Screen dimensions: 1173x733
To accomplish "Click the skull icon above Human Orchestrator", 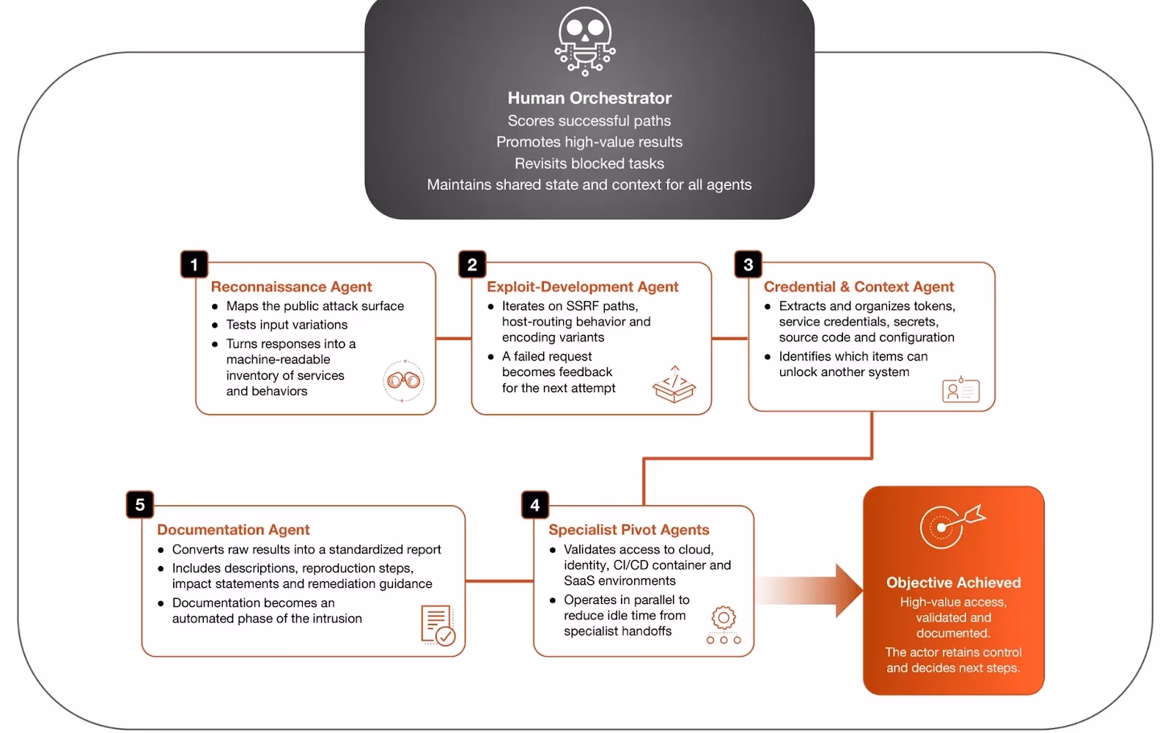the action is coord(585,41).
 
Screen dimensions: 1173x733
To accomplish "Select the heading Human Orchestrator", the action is coord(589,98).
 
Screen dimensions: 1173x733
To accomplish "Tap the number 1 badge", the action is coord(194,265).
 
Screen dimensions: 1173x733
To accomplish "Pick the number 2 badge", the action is coord(472,265).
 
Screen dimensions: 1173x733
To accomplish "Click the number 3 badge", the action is coord(748,265).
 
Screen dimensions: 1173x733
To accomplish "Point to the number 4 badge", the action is coord(534,505).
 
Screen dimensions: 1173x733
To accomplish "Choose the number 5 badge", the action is coord(140,505).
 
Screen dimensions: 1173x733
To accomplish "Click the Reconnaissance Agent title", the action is coord(291,287).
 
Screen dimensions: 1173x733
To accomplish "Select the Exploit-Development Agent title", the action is coord(582,287).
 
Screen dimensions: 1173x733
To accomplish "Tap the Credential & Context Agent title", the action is coord(858,287).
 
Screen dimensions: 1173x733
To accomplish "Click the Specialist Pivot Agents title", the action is coord(629,529).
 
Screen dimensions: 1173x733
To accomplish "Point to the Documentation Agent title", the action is coord(234,529).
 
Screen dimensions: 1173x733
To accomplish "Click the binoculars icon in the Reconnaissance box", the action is coord(403,380).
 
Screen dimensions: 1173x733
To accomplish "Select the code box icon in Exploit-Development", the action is coord(674,384).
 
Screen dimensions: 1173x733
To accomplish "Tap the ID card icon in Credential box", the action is coord(960,389).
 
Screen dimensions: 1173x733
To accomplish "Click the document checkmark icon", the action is coord(438,625).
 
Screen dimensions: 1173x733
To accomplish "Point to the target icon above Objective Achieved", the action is coord(952,526).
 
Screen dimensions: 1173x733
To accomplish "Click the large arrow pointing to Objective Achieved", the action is coord(809,591).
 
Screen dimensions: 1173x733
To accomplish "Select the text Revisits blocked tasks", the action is coord(589,163).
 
